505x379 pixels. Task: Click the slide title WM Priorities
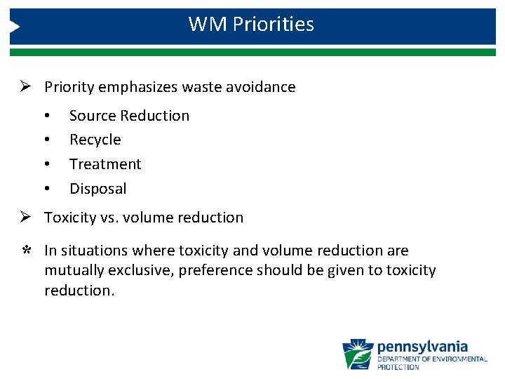pos(251,25)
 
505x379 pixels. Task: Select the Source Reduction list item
pos(129,116)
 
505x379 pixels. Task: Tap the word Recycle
pos(95,140)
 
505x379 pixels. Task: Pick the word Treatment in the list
pos(105,164)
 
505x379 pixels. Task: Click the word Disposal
pos(98,189)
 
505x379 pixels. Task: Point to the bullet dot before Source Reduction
pos(46,116)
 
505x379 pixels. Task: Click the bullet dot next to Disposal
pos(46,189)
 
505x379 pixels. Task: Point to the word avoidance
pos(262,87)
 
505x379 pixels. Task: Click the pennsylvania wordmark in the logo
pos(422,347)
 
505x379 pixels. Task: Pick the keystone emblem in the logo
pos(358,354)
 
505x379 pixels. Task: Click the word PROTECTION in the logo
pos(398,367)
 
